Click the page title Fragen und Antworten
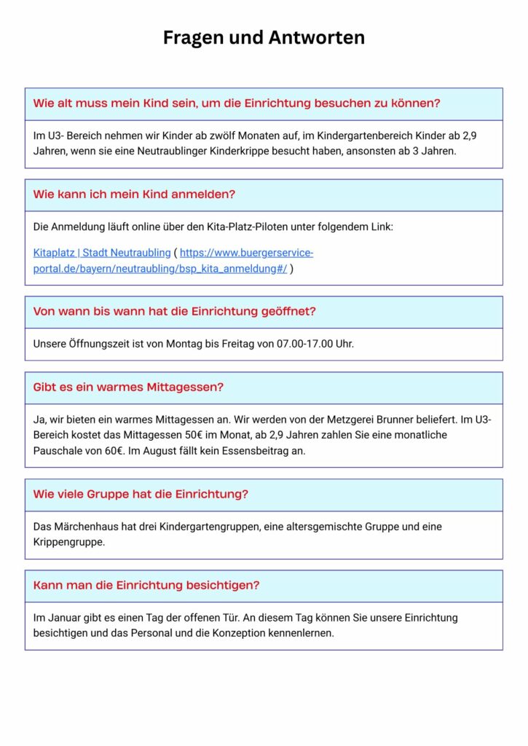264,37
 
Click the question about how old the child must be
237,103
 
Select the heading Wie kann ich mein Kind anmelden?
134,195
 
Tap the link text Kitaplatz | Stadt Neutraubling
101,253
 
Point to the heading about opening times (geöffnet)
174,311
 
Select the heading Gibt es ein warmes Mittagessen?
128,388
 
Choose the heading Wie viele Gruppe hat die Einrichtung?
141,494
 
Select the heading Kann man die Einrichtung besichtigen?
146,585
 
